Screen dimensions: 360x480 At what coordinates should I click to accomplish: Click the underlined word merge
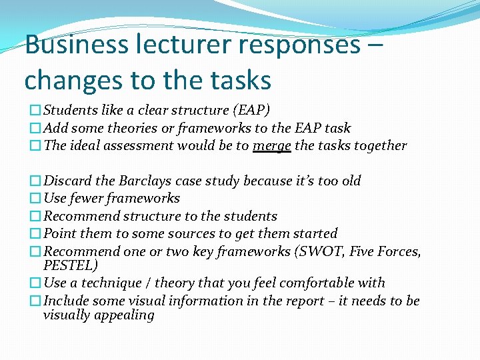pos(272,146)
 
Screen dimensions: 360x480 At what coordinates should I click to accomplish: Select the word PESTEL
pos(70,265)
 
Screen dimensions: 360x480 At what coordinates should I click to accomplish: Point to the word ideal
pos(85,146)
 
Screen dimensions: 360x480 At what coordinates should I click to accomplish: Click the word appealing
pos(125,315)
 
